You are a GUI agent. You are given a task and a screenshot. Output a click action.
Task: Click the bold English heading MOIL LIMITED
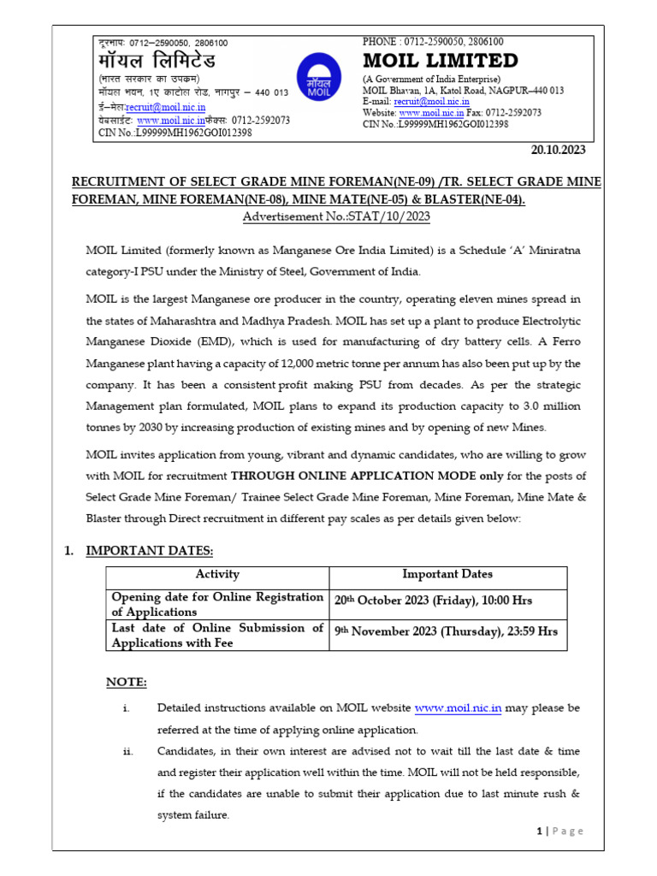(441, 61)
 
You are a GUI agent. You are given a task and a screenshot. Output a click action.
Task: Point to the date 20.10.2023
(558, 150)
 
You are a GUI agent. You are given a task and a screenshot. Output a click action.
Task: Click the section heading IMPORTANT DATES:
(149, 550)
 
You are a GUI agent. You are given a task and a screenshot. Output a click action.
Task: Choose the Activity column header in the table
(217, 575)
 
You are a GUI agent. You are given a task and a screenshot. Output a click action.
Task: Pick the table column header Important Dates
(447, 575)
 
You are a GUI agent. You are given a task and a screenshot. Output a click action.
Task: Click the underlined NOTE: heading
(126, 682)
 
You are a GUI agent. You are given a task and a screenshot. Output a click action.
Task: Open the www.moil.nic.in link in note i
(458, 708)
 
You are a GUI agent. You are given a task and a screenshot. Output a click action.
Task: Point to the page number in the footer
(539, 831)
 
